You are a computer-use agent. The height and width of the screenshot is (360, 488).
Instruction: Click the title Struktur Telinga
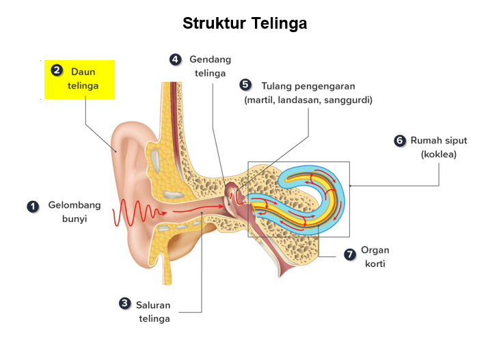coord(245,23)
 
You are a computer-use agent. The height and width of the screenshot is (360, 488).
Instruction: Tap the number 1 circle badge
coord(32,206)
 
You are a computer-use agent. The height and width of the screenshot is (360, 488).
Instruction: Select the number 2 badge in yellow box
coord(57,70)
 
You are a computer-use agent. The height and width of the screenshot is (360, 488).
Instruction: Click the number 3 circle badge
coord(124,303)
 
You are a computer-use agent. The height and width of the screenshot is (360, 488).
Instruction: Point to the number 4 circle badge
coord(176,59)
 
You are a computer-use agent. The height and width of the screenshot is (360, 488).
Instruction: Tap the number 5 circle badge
coord(245,85)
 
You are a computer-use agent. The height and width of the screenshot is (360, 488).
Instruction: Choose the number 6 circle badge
coord(400,141)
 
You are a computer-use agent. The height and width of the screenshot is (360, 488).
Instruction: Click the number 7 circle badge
coord(350,254)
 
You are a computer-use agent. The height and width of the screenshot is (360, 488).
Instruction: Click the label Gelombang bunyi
coord(74,212)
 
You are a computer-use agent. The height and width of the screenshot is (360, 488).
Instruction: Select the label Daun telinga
coord(83,79)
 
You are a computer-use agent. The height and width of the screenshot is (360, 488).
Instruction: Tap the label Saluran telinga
coord(153,311)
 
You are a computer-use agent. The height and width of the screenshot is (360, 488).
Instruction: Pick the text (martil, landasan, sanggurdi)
coord(308,100)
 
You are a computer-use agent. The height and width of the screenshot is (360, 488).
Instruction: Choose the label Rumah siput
coord(439,141)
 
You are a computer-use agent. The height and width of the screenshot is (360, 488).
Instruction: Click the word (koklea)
coord(439,154)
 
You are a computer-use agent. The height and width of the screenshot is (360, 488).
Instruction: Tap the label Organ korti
coord(375,257)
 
